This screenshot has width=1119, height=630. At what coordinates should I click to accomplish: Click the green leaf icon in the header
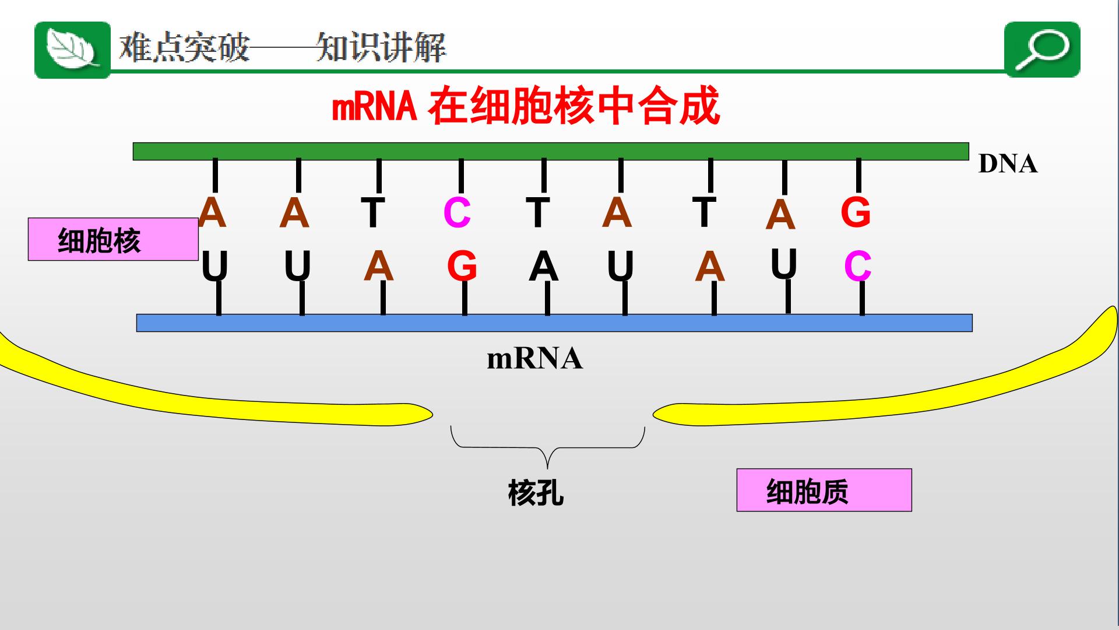(x=72, y=50)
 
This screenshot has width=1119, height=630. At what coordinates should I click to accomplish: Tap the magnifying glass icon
(x=1043, y=50)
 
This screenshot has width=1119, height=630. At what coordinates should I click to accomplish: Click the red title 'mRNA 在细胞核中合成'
(x=526, y=106)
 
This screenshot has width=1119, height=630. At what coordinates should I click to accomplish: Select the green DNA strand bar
(x=551, y=151)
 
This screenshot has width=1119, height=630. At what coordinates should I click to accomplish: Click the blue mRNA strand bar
(x=554, y=323)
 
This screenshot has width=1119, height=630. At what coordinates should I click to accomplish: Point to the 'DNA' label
(x=1008, y=164)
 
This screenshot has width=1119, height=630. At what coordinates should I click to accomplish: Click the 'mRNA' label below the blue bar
(x=534, y=358)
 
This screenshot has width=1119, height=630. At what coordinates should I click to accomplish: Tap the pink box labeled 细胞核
(x=113, y=239)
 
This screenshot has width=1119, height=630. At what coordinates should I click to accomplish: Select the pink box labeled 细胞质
(x=824, y=490)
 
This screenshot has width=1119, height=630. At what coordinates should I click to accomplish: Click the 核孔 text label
(x=536, y=493)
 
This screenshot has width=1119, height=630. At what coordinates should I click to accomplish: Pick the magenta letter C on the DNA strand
(x=457, y=213)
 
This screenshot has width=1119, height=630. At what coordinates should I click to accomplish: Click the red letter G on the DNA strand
(x=856, y=212)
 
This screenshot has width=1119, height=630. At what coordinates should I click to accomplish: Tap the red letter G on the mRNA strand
(x=462, y=267)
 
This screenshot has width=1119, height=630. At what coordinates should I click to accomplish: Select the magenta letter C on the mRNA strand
(x=858, y=267)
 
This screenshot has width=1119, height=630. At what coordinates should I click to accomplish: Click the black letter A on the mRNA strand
(x=544, y=267)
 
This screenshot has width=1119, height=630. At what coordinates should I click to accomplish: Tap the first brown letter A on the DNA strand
(x=212, y=212)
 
